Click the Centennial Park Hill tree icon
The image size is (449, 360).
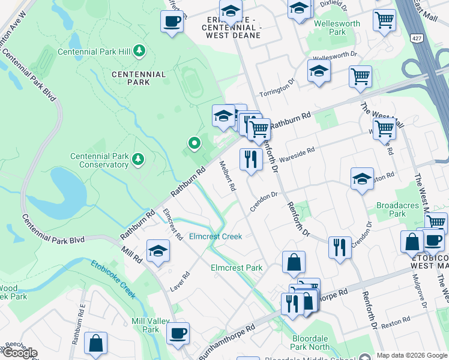click(x=139, y=51)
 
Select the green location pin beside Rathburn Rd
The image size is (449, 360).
click(x=194, y=143)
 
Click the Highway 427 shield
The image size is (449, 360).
click(x=415, y=38)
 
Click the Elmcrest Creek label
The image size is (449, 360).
click(x=215, y=236)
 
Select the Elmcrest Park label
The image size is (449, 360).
click(x=237, y=268)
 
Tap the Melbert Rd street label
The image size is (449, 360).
click(x=228, y=176)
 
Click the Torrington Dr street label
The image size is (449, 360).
click(x=277, y=88)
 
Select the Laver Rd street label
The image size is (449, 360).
click(x=179, y=281)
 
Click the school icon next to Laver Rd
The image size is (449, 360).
click(x=158, y=250)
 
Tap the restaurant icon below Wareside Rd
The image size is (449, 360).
click(x=250, y=160)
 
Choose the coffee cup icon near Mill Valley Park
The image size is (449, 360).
click(x=178, y=334)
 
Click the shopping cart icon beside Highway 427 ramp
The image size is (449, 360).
click(x=360, y=77)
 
